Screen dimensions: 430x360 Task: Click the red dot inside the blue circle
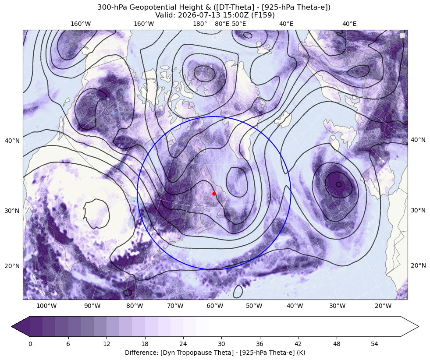pos(214,194)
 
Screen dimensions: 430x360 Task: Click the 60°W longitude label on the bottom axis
pos(215,306)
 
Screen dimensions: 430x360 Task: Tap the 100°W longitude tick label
pos(46,306)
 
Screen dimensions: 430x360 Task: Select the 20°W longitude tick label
pos(383,306)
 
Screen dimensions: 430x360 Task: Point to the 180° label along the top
pos(200,24)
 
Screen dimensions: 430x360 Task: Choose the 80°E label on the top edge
pos(222,24)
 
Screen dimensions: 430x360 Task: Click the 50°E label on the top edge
pos(239,24)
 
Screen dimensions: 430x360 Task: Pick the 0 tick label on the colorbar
pos(30,344)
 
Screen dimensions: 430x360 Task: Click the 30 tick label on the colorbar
pos(221,344)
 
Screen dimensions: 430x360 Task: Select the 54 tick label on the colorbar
pos(375,344)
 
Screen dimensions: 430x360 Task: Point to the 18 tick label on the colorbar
pos(145,344)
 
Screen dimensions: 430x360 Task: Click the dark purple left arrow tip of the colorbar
pos(12,326)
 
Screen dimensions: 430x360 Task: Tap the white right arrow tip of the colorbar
pos(418,326)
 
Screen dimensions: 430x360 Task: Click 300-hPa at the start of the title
pos(112,7)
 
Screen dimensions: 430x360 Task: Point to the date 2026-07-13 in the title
pos(193,15)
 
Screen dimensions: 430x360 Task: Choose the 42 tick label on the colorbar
pos(298,344)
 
